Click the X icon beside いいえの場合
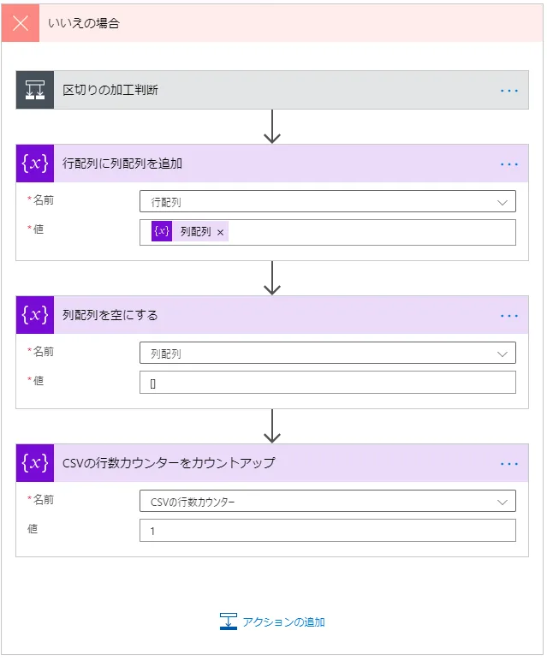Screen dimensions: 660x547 21,23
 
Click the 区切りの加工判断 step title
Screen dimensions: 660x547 110,90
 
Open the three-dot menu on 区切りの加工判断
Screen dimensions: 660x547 509,90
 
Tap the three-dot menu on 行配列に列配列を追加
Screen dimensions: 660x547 509,164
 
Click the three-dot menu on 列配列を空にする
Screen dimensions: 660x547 509,315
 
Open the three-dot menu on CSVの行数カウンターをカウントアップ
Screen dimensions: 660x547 509,463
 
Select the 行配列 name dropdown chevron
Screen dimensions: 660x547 502,202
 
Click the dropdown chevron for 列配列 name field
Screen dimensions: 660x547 502,354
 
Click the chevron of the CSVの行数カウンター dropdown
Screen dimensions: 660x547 502,502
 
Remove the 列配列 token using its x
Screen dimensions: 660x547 220,232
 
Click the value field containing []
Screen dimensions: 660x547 327,383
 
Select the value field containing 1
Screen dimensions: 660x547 327,531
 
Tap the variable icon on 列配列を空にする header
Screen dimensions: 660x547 34,315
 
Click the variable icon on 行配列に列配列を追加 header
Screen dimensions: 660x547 34,164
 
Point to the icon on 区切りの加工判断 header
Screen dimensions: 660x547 34,90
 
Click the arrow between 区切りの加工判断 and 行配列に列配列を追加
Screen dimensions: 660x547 272,127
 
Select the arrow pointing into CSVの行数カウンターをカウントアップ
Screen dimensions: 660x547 272,426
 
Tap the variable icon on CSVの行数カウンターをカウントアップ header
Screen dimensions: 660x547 34,463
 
